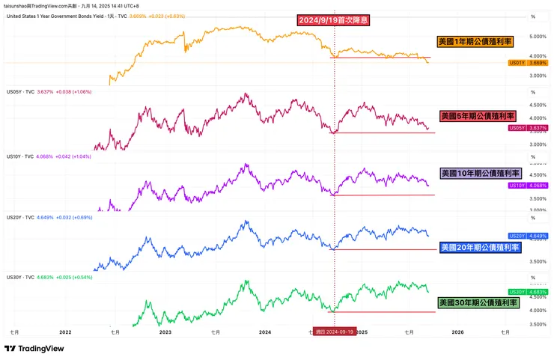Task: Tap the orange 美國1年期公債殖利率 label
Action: coord(475,42)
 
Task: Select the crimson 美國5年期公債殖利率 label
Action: coord(478,117)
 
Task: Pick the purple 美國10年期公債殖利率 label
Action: coord(479,173)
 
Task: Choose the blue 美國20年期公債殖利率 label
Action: coord(479,247)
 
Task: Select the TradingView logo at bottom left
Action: coord(34,349)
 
